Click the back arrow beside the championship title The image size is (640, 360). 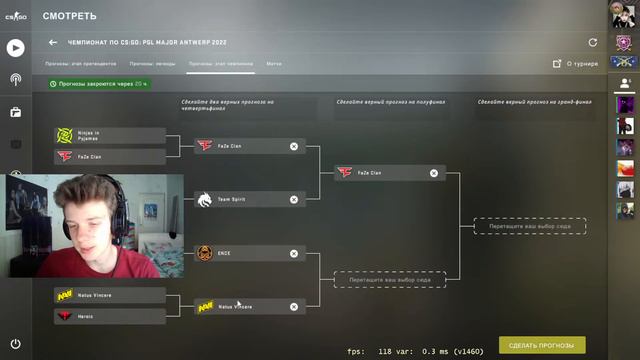pyautogui.click(x=53, y=43)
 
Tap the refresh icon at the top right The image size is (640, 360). pyautogui.click(x=593, y=43)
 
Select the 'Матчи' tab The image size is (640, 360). pyautogui.click(x=273, y=63)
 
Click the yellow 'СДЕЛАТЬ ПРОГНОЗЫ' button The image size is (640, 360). pyautogui.click(x=543, y=345)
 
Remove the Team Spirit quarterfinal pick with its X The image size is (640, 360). pyautogui.click(x=294, y=199)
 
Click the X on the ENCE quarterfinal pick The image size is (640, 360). pyautogui.click(x=294, y=253)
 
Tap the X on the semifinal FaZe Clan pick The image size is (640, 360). pyautogui.click(x=434, y=172)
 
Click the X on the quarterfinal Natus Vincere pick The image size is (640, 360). pyautogui.click(x=294, y=306)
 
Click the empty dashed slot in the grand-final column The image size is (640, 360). pyautogui.click(x=529, y=226)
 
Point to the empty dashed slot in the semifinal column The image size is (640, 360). pyautogui.click(x=389, y=280)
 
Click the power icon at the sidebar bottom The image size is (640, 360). pyautogui.click(x=15, y=344)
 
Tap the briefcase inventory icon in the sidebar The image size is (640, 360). pyautogui.click(x=15, y=112)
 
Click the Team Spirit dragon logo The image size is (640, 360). pyautogui.click(x=205, y=199)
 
